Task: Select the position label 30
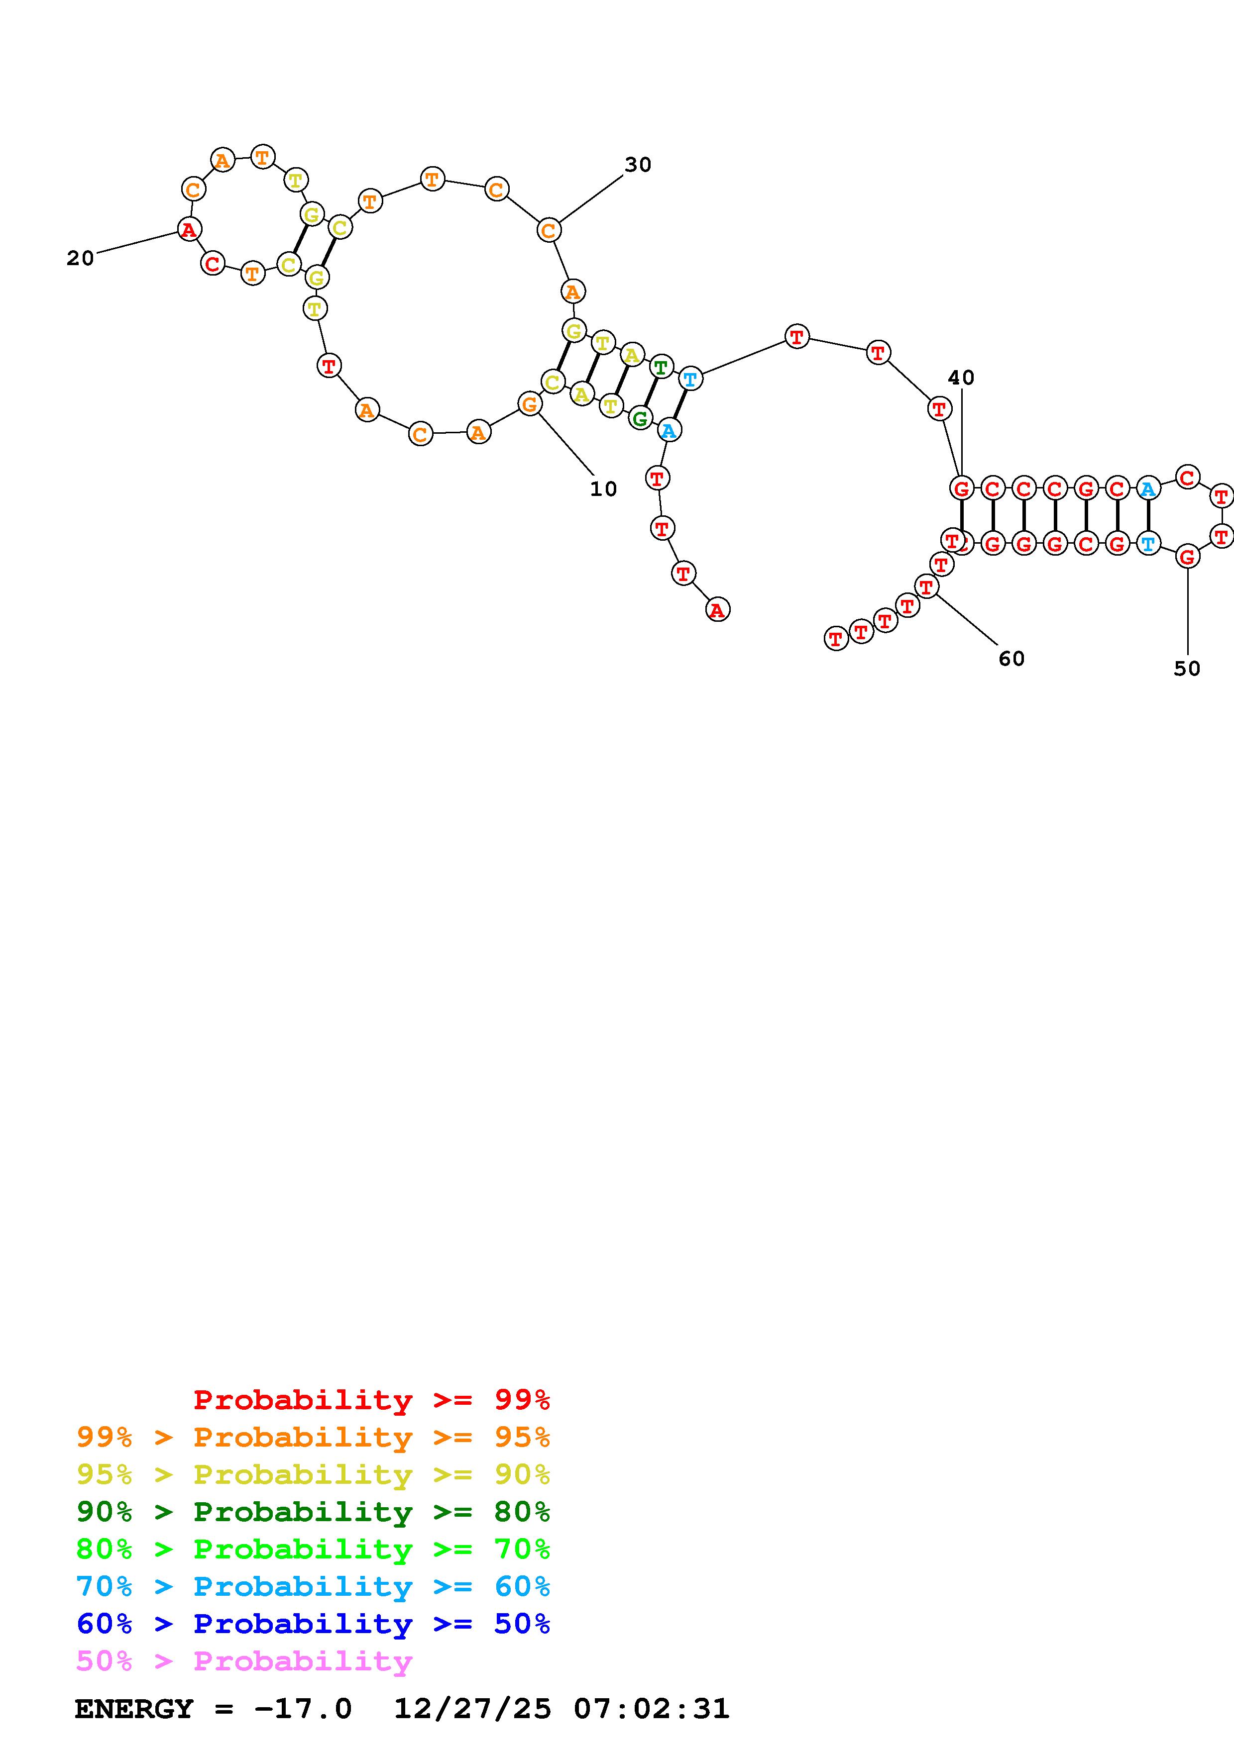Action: [638, 165]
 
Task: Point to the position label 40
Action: [961, 378]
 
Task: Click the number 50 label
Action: [1186, 669]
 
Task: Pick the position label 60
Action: [1011, 659]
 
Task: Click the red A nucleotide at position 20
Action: [189, 229]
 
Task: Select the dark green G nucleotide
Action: [640, 418]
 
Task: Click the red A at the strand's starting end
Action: [717, 609]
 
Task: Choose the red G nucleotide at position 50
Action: [1187, 557]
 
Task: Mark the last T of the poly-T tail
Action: [836, 638]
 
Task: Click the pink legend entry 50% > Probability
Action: [244, 1661]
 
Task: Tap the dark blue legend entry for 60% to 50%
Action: [313, 1624]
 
